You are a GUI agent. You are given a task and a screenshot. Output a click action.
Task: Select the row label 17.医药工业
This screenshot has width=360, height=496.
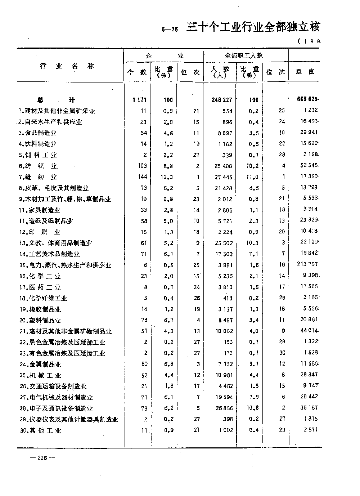pos(40,287)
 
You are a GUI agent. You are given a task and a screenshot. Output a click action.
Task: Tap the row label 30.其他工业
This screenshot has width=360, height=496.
pos(41,430)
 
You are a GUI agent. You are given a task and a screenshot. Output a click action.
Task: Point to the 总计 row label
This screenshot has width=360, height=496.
pos(56,100)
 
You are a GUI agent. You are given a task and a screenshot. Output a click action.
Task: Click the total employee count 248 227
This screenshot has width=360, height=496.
pos(222,100)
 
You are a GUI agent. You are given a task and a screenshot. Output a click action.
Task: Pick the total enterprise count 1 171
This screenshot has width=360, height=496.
pos(140,100)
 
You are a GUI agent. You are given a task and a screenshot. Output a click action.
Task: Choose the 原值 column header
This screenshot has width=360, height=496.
pos(305,72)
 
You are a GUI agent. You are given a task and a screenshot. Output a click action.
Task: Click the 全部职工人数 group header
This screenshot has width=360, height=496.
pos(244,55)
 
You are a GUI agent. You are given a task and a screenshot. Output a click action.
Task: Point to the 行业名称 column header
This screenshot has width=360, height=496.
pos(67,66)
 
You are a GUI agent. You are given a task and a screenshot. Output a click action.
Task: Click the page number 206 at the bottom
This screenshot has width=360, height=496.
pos(42,458)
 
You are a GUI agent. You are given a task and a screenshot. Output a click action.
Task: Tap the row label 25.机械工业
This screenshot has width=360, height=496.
pos(41,375)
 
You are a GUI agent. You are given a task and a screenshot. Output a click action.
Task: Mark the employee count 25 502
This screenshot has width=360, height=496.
pos(223,243)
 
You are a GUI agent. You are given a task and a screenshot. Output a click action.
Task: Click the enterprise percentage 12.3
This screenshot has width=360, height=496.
pos(168,177)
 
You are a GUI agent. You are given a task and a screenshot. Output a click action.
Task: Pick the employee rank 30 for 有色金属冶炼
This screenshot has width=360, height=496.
pos(282,353)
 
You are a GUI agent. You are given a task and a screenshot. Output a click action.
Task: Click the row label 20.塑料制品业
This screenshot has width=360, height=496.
pos(40,320)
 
